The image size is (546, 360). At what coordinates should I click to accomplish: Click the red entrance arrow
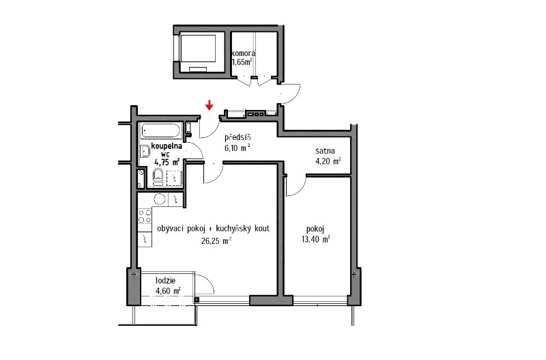[209, 105]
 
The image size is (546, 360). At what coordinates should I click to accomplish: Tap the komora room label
[244, 53]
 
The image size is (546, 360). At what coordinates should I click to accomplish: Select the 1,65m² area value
[242, 62]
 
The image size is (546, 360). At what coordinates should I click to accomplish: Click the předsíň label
[238, 137]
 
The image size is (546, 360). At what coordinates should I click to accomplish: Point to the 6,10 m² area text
[238, 148]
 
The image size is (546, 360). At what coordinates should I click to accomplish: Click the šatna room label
[326, 151]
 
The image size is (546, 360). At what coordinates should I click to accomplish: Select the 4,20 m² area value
[328, 161]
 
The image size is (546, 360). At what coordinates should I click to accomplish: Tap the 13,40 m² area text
[316, 239]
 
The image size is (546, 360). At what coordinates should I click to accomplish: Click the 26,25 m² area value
[216, 240]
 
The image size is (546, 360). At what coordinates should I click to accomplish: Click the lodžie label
[165, 281]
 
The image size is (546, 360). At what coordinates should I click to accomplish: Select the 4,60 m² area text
[168, 290]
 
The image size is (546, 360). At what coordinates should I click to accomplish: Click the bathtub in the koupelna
[160, 130]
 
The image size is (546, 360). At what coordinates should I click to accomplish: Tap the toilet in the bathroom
[158, 177]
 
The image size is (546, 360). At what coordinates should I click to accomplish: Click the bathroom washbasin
[145, 152]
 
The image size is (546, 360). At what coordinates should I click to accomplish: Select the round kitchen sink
[160, 199]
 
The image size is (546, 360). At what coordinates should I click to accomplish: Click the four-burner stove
[145, 216]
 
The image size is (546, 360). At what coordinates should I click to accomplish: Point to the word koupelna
[167, 146]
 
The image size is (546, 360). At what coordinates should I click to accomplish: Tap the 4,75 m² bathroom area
[167, 162]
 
